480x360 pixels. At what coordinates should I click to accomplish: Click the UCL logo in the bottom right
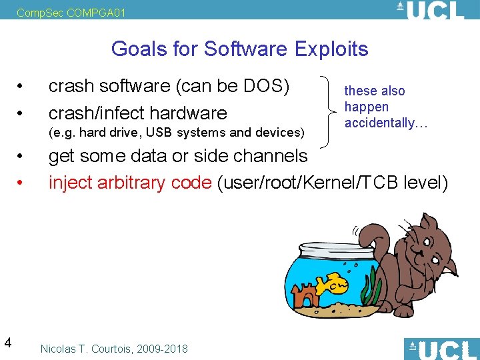point(441,349)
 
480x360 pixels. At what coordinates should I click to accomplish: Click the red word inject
point(71,182)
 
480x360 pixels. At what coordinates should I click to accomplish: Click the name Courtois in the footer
point(115,349)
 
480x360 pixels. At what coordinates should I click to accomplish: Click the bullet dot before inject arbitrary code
point(21,183)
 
